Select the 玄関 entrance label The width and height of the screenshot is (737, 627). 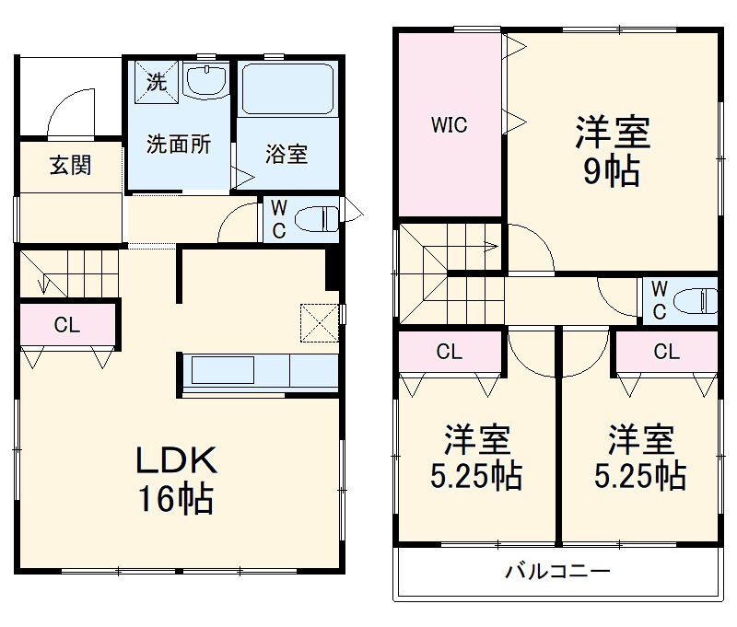click(70, 166)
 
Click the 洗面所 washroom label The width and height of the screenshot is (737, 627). click(180, 144)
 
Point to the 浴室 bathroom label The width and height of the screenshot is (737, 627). click(287, 154)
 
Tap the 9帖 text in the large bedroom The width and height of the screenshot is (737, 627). click(613, 172)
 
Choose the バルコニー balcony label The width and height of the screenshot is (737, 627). click(557, 572)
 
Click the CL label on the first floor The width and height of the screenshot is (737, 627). click(66, 324)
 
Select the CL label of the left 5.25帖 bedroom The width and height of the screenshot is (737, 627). click(449, 351)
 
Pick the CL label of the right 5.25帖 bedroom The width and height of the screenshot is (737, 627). click(667, 351)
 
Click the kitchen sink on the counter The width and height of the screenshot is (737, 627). click(222, 371)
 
